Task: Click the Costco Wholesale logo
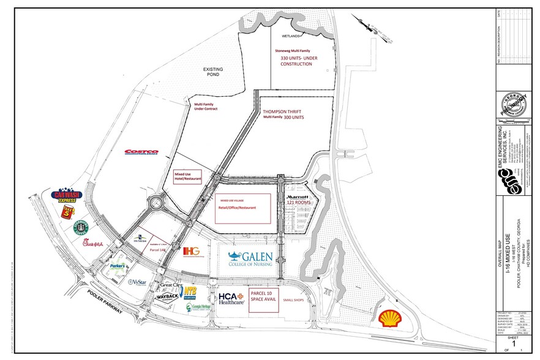coord(141,152)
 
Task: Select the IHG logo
coord(191,252)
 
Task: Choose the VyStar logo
coord(138,282)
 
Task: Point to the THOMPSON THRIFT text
coord(283,112)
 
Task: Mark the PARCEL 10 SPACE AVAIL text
coord(263,298)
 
